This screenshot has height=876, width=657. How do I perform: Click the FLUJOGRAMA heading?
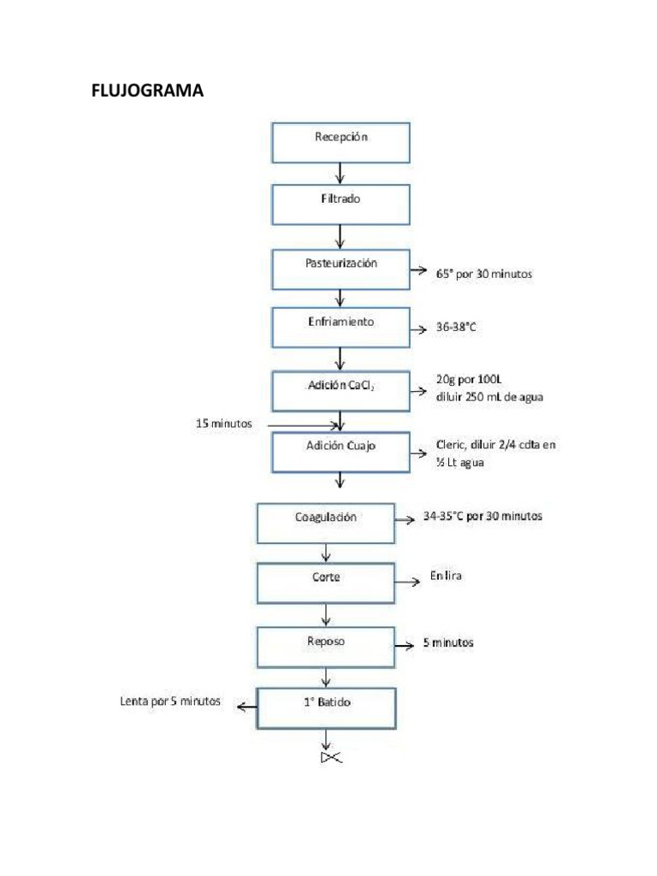click(x=147, y=91)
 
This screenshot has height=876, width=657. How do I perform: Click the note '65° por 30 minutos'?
click(x=484, y=274)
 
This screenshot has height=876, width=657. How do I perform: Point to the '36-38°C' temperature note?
click(x=456, y=327)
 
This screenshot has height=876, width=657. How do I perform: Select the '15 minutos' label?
click(x=223, y=423)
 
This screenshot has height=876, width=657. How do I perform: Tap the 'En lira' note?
click(x=446, y=576)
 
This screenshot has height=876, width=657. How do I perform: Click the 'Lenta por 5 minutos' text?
click(x=170, y=701)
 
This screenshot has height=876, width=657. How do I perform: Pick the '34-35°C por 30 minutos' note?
click(x=482, y=516)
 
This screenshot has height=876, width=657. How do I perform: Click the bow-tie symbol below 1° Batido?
click(x=331, y=758)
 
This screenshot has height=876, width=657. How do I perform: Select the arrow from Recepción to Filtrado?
click(x=340, y=173)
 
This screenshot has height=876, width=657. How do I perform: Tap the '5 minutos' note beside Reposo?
click(x=448, y=642)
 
